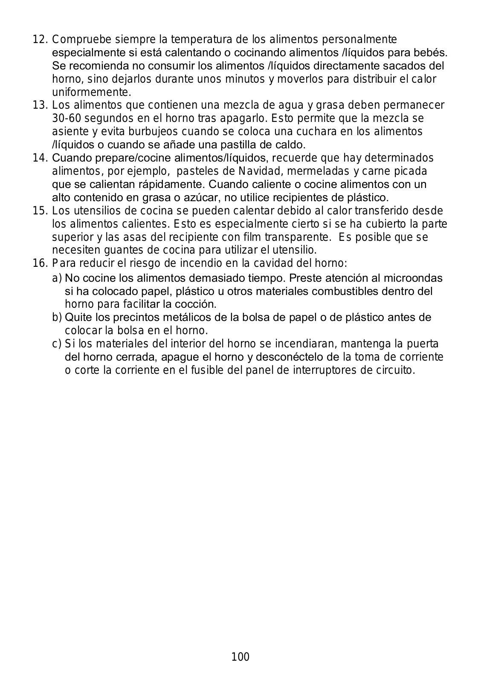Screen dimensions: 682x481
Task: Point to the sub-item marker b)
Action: point(57,318)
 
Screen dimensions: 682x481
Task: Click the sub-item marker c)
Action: point(57,344)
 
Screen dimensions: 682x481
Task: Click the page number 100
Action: point(240,657)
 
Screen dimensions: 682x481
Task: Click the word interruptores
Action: point(325,370)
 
